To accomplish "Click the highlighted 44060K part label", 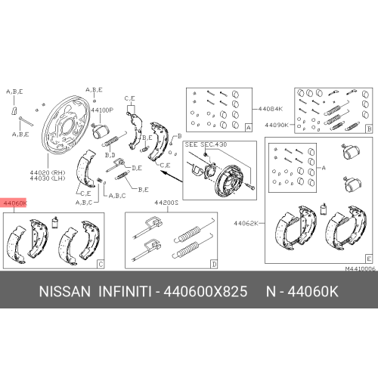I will [16, 203].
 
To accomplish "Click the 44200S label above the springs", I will [166, 203].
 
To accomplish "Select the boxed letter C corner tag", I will [101, 265].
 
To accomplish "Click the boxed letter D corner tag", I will [214, 265].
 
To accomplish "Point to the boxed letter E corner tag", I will [368, 259].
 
